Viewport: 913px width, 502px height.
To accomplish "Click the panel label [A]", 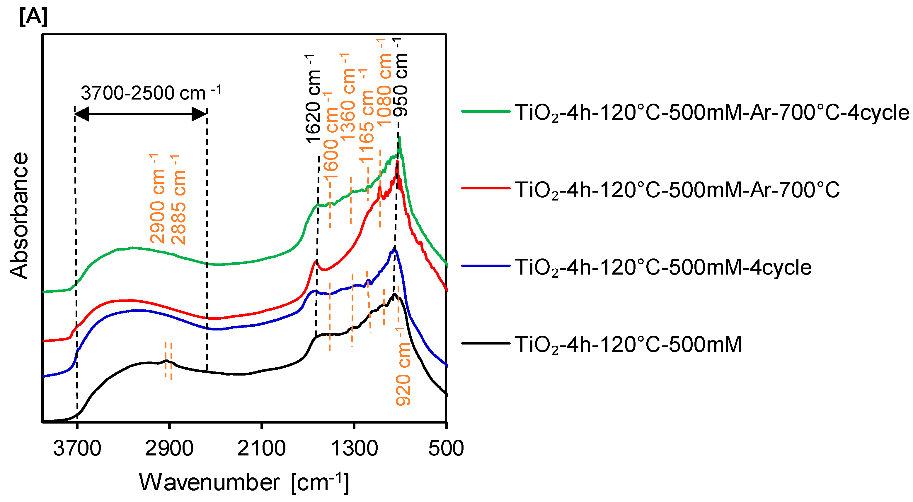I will click(33, 17).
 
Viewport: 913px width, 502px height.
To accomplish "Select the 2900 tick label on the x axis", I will click(169, 448).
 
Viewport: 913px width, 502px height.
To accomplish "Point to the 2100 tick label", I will click(261, 448).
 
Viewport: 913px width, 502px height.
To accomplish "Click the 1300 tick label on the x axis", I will click(354, 448).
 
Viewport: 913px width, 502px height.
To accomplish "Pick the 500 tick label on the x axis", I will click(446, 448).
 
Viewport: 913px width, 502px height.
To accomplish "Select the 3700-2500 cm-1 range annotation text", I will click(151, 93).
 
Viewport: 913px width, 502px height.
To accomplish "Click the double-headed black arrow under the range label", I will click(140, 114).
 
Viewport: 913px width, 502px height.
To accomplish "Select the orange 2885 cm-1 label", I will click(178, 200).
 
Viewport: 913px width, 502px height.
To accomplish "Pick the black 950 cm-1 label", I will click(401, 78).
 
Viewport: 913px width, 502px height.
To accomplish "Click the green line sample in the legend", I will click(485, 111).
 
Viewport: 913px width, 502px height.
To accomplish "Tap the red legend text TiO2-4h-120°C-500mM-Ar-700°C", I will click(677, 190).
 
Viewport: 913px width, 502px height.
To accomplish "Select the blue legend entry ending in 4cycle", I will click(663, 267).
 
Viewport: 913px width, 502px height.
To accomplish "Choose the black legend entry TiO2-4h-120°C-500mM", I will click(628, 344).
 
